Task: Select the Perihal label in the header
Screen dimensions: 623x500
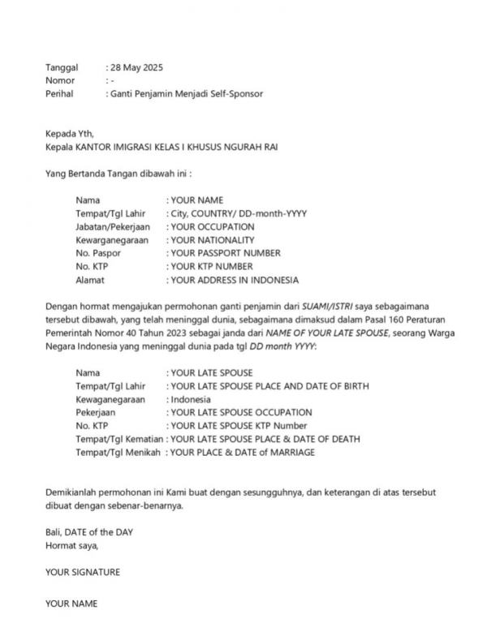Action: tap(59, 94)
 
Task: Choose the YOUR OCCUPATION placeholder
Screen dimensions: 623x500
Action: tap(212, 226)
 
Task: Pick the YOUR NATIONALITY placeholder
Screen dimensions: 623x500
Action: tap(212, 240)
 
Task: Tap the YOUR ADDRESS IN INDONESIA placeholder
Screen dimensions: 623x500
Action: tap(234, 280)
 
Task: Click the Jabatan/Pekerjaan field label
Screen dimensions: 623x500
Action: tap(114, 226)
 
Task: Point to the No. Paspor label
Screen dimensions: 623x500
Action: tap(98, 253)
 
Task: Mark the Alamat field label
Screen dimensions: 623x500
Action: tap(91, 280)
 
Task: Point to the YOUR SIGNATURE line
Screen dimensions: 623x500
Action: tap(82, 572)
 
